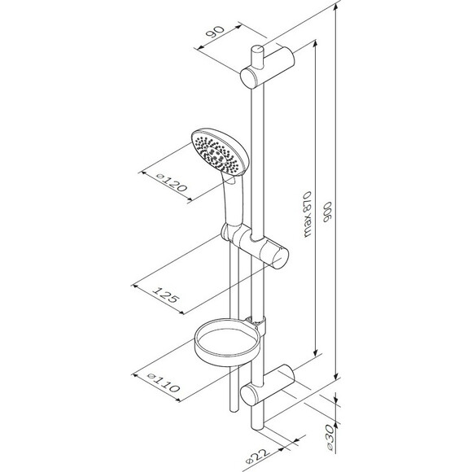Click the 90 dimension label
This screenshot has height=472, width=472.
pos(215,31)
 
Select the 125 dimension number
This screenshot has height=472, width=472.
pos(166,295)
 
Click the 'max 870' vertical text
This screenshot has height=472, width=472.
pos(308,214)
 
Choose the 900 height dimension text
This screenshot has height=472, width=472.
pos(326,212)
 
